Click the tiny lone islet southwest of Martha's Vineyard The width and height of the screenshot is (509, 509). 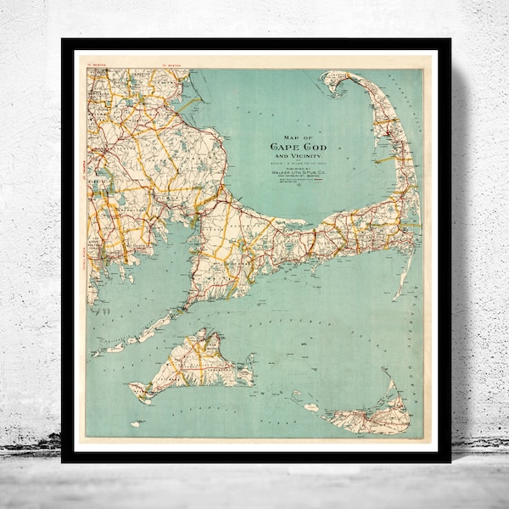pos(134,423)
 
